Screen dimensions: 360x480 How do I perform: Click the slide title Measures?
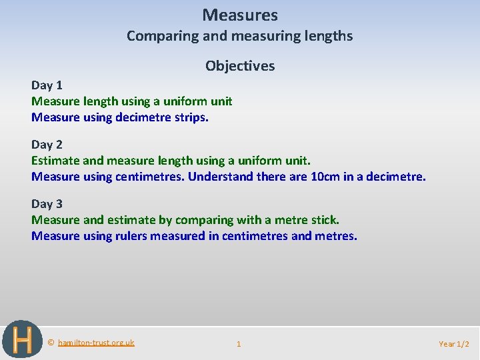pyautogui.click(x=240, y=15)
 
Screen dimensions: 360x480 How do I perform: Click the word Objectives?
pyautogui.click(x=240, y=65)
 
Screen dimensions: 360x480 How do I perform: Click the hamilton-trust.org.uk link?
pyautogui.click(x=96, y=343)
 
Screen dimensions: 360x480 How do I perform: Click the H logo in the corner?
pyautogui.click(x=22, y=339)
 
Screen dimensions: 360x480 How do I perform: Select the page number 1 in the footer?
pyautogui.click(x=239, y=344)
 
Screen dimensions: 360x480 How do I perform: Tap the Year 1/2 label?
pyautogui.click(x=455, y=344)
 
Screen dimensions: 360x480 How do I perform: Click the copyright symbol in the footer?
pyautogui.click(x=51, y=343)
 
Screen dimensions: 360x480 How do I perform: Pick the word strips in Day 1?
pyautogui.click(x=192, y=118)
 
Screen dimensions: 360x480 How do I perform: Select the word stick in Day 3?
pyautogui.click(x=325, y=220)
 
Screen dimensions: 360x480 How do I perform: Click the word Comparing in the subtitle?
pyautogui.click(x=158, y=36)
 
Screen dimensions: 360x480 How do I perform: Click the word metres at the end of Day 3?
pyautogui.click(x=335, y=236)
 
